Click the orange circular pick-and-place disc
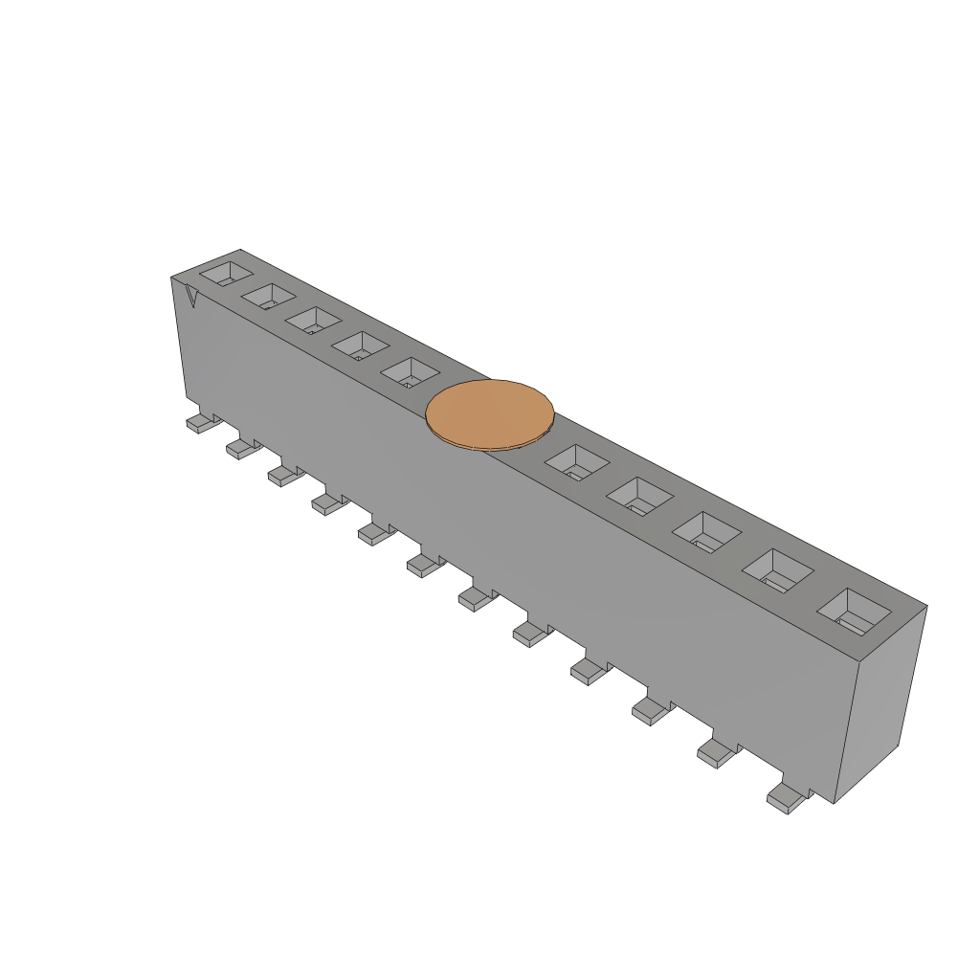tap(490, 413)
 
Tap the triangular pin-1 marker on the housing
tap(191, 298)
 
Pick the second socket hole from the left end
tap(269, 297)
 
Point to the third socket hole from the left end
tap(314, 321)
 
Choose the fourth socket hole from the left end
tap(361, 345)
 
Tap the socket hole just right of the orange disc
tap(576, 461)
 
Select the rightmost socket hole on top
tap(855, 612)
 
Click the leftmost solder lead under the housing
tap(200, 423)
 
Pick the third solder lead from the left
tap(283, 475)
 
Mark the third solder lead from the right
tap(650, 710)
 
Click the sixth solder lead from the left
tap(423, 566)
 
